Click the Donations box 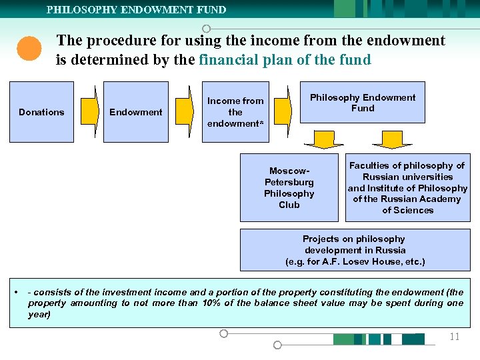coord(41,112)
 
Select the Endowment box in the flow coord(136,112)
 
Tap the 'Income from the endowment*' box coord(235,112)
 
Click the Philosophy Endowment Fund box coord(362,103)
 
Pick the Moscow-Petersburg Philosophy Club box coord(289,188)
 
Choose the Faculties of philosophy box coord(407,188)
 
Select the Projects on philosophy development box coord(355,250)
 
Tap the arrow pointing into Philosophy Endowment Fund coord(283,112)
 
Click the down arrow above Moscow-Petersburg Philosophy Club coord(323,139)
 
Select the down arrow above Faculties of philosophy coord(392,139)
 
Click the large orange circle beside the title coord(29,49)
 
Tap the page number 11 coord(455,337)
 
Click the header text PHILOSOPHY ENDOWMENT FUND coord(136,9)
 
